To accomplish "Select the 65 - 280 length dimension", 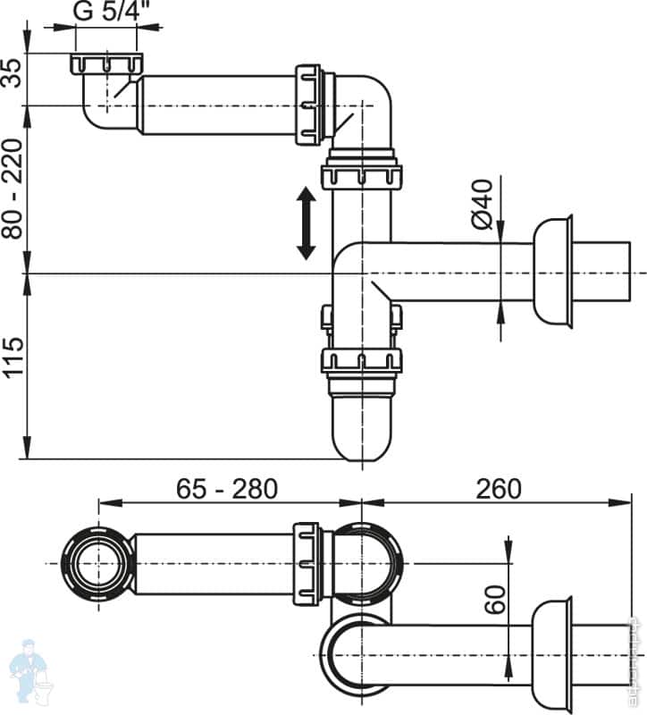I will (x=227, y=488).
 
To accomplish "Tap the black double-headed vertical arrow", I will (x=306, y=223).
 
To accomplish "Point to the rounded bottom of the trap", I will (x=361, y=434).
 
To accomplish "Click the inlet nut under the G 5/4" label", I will (x=105, y=65).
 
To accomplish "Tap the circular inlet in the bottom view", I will (x=97, y=564).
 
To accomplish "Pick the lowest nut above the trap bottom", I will (x=361, y=362).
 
